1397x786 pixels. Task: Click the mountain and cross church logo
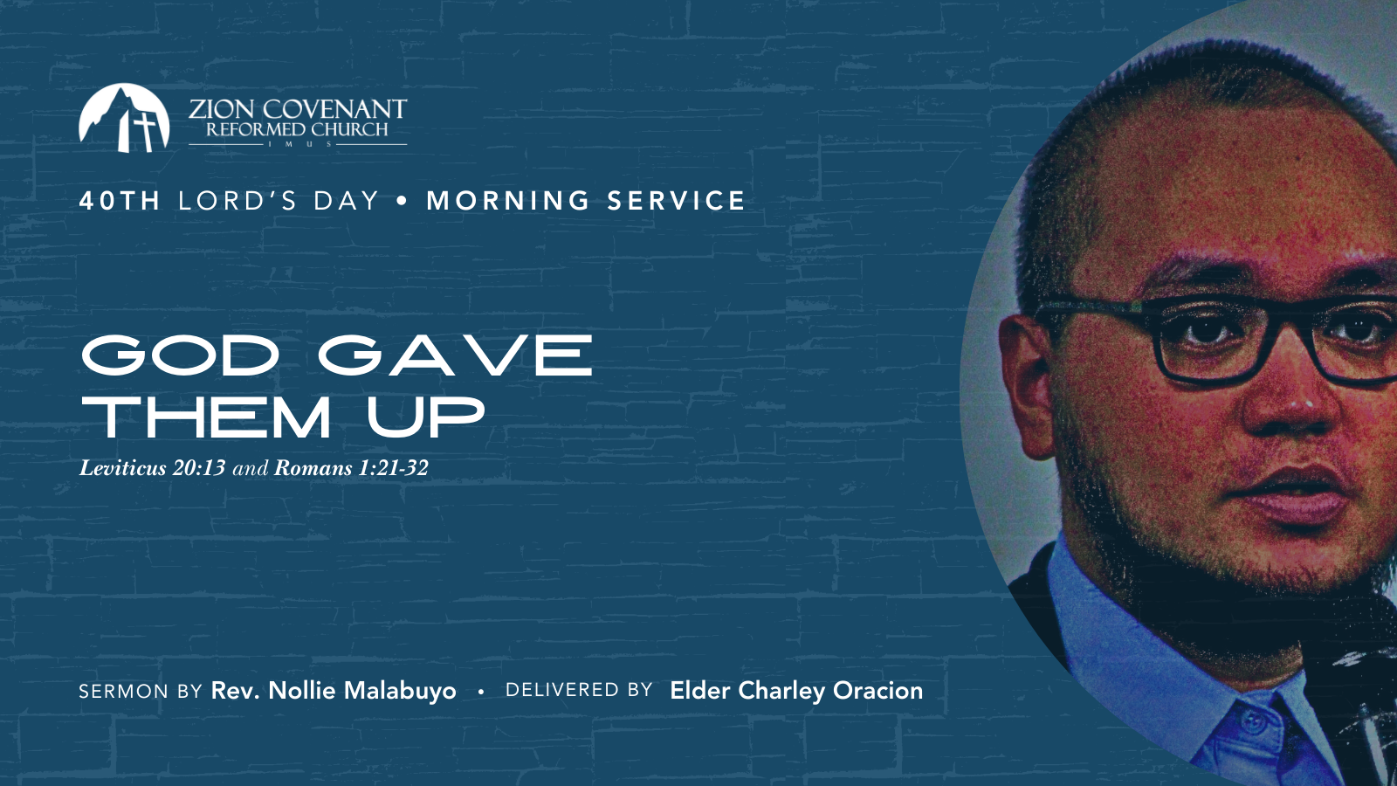(124, 118)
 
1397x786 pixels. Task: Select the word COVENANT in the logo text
(334, 109)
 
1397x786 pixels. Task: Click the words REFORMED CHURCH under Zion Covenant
(297, 130)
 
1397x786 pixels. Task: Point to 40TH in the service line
(120, 201)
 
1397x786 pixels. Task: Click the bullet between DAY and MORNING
(403, 201)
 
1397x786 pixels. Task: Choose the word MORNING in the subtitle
(507, 201)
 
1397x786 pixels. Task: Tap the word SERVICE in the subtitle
(676, 201)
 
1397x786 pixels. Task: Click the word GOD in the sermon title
(180, 355)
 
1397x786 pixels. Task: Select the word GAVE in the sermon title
(455, 355)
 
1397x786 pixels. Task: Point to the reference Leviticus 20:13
(152, 468)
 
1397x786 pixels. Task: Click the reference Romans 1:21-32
(351, 468)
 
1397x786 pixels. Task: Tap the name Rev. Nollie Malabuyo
(334, 691)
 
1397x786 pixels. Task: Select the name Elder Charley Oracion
(796, 691)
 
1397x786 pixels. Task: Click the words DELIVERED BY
(579, 690)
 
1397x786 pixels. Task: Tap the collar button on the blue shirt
(1254, 721)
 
